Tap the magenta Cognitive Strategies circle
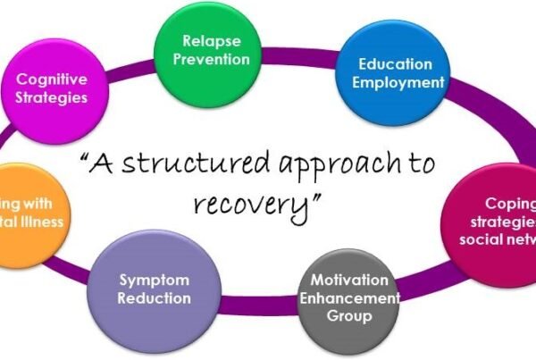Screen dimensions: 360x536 click(53, 88)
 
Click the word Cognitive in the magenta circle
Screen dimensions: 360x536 click(54, 79)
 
